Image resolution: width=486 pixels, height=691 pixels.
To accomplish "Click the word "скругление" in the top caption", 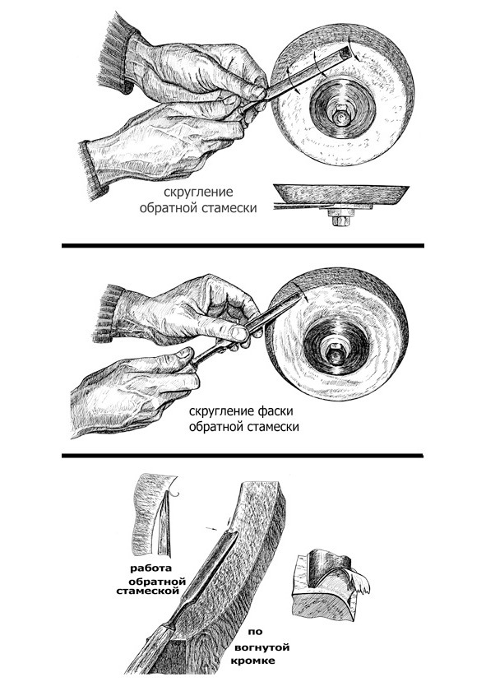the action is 198,193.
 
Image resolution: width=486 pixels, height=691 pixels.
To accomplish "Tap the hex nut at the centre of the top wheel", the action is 340,115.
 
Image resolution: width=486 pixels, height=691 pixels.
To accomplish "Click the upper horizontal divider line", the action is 243,245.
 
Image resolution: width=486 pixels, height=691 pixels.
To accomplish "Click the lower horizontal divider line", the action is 243,455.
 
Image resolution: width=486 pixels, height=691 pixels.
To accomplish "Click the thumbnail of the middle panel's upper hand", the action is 239,334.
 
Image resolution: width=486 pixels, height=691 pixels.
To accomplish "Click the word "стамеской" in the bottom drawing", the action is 148,591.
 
